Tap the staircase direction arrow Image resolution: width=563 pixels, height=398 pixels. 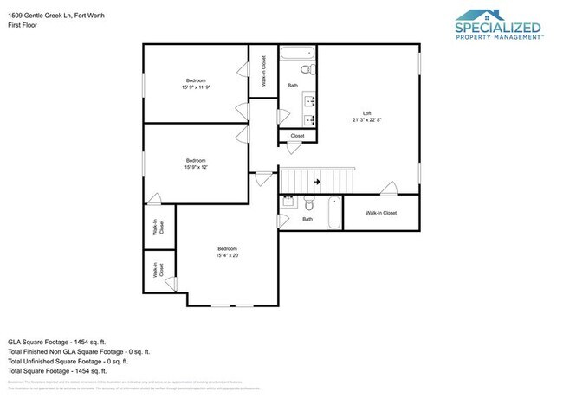coord(317,182)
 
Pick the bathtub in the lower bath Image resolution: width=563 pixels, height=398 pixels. coord(334,213)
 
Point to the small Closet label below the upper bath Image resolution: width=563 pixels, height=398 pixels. coord(297,136)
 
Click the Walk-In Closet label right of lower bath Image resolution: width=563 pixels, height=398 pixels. coord(381,213)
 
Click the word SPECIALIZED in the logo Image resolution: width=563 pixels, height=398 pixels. coord(498,29)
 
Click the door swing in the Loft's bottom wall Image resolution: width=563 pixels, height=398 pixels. coord(388,188)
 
